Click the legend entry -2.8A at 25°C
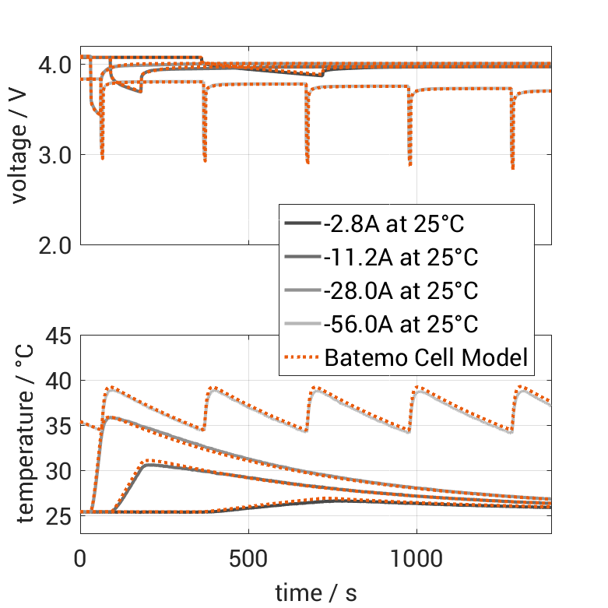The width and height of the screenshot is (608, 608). (x=393, y=225)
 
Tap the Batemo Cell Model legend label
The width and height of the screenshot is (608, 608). (x=426, y=357)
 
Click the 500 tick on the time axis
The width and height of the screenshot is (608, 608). (x=248, y=559)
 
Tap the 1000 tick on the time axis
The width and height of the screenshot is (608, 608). (x=416, y=559)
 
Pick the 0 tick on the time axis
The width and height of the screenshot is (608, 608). (x=81, y=559)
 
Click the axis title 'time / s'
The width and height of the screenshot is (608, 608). (x=316, y=593)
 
